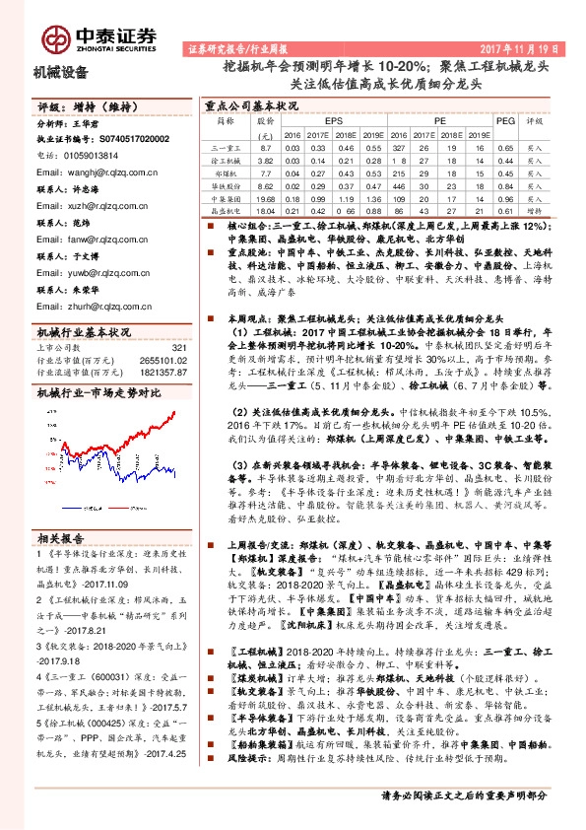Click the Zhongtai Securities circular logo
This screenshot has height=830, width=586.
pyautogui.click(x=54, y=35)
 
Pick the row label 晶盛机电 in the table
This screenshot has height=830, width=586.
pyautogui.click(x=227, y=211)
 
